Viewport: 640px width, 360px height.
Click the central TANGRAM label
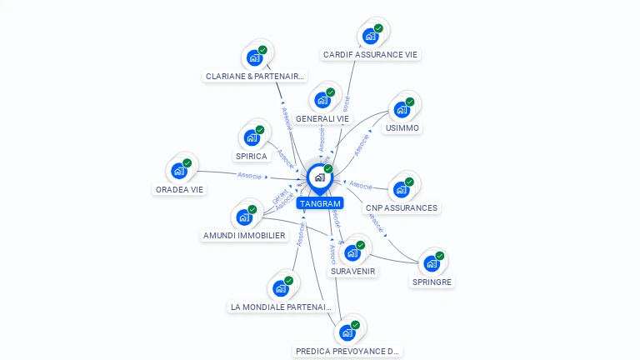click(319, 203)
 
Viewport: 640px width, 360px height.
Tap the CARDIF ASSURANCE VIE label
click(371, 55)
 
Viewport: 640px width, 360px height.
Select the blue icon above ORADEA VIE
click(178, 171)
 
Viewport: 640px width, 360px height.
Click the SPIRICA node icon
click(251, 137)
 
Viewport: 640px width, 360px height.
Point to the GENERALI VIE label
click(322, 118)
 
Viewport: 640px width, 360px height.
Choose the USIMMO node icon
click(402, 110)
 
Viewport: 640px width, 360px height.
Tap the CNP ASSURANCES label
click(401, 207)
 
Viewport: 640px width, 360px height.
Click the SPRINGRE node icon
click(431, 263)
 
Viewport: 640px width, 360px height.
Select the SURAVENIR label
click(352, 271)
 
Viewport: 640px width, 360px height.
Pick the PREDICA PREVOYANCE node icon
click(347, 333)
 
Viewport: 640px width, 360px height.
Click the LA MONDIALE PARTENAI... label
click(281, 307)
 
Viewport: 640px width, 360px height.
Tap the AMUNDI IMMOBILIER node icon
click(244, 217)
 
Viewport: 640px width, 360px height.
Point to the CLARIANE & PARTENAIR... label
click(254, 76)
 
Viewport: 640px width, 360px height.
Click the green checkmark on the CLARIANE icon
click(262, 50)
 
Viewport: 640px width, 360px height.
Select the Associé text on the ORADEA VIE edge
click(250, 176)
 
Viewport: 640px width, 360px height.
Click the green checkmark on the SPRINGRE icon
click(440, 255)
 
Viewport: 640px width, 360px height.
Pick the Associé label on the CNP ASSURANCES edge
click(361, 185)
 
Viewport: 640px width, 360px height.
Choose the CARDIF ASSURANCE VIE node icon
click(370, 37)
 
